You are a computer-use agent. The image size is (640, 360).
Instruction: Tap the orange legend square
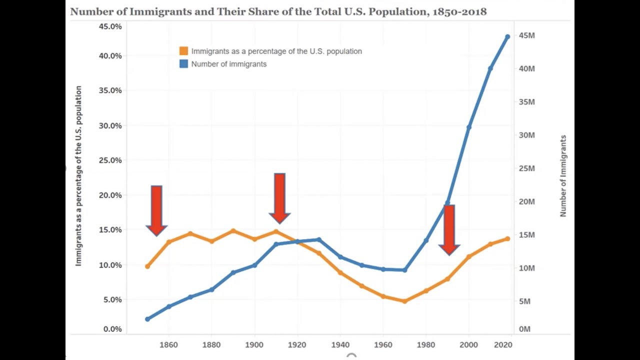[x=183, y=51]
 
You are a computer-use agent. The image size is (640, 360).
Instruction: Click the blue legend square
[x=183, y=64]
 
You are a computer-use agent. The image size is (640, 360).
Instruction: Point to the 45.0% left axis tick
[x=110, y=26]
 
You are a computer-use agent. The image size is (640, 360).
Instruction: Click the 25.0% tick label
[x=110, y=160]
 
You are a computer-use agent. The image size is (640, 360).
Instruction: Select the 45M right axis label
[x=526, y=35]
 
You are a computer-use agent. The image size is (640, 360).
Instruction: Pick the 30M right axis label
[x=526, y=135]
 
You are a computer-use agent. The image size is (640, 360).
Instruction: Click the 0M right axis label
[x=524, y=329]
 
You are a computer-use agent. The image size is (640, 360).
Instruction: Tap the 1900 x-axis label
[x=254, y=344]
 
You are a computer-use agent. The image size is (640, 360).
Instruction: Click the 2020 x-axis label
[x=503, y=344]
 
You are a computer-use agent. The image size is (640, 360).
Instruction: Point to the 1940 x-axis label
[x=340, y=344]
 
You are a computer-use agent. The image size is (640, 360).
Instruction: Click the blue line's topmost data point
[x=507, y=36]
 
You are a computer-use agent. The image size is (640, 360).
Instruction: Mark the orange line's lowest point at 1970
[x=404, y=301]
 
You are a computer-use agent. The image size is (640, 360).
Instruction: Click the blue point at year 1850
[x=147, y=319]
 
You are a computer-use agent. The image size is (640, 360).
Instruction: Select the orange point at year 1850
[x=147, y=266]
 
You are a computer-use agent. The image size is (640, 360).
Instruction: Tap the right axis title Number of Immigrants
[x=563, y=175]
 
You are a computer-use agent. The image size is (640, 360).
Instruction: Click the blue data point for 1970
[x=404, y=270]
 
